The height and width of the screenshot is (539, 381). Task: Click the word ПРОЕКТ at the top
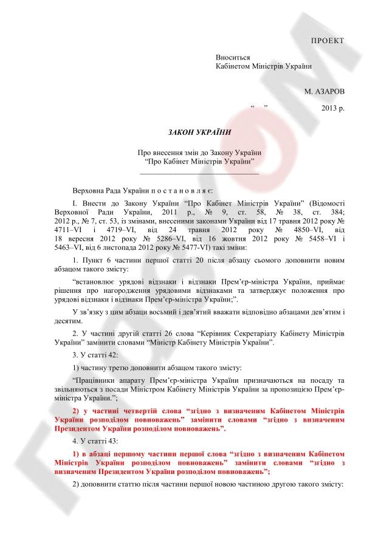coord(327,41)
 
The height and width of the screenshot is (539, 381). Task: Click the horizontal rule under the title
coord(200,174)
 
